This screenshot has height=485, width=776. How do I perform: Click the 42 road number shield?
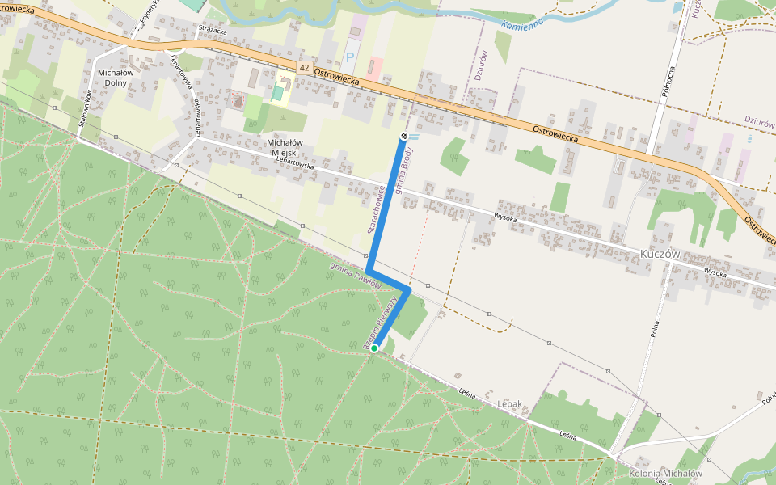(303, 65)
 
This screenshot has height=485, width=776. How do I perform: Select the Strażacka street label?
(213, 29)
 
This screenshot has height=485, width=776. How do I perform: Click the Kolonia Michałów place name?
(664, 473)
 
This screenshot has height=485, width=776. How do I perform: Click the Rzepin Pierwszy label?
(382, 322)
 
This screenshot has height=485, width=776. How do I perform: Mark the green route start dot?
(374, 348)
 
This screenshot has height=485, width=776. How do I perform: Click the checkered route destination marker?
(404, 136)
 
